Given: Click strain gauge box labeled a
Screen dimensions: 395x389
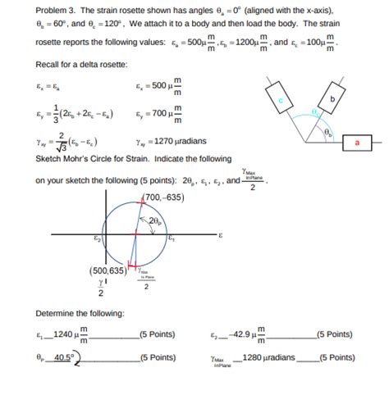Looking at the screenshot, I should tap(358, 141).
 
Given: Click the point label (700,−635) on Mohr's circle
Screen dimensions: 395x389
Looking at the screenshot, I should tap(160, 197).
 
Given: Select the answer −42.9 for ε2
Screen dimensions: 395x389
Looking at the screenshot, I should tap(240, 334).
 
